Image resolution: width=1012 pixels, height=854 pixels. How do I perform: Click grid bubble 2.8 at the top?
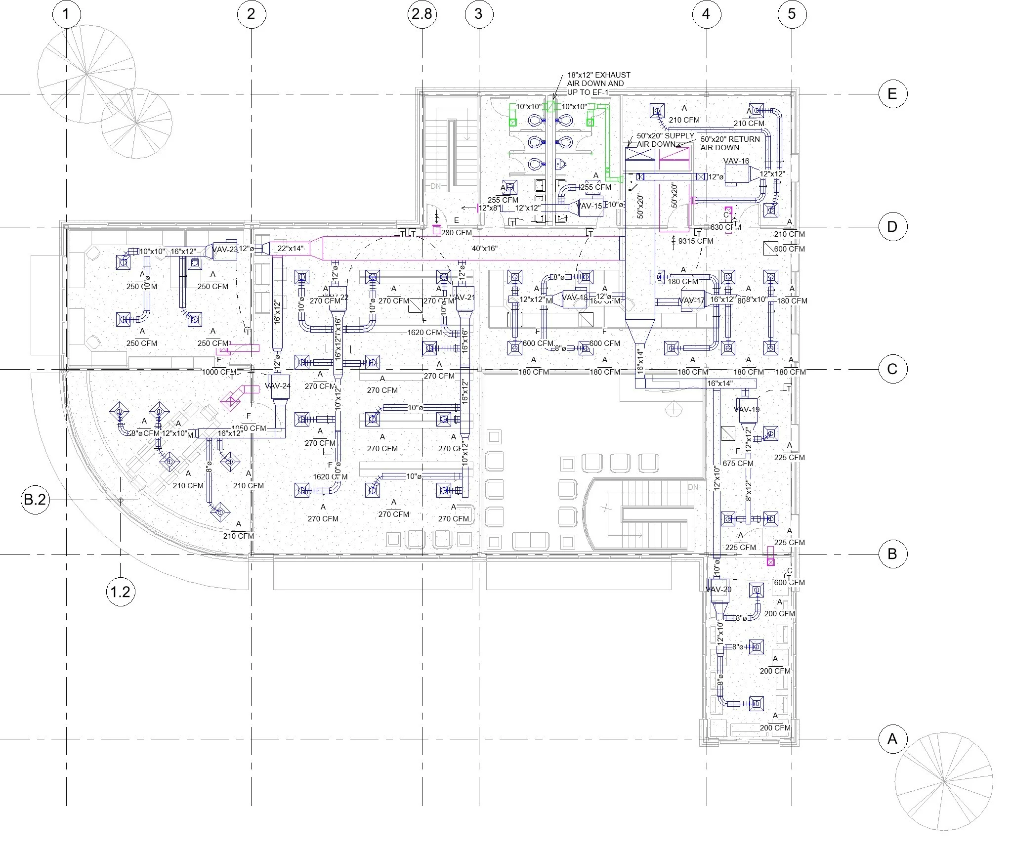(x=422, y=14)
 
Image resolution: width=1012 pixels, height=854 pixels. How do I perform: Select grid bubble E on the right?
(x=892, y=93)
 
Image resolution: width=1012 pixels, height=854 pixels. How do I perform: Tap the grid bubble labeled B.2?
(x=35, y=500)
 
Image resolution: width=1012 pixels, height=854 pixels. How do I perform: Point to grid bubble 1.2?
(x=121, y=592)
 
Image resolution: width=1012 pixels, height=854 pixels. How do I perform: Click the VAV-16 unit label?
(x=736, y=161)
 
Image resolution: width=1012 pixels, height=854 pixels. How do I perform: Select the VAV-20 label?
(x=718, y=590)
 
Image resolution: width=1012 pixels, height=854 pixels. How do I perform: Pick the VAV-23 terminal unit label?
(x=225, y=250)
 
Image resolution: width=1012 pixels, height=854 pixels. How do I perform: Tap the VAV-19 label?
(x=747, y=409)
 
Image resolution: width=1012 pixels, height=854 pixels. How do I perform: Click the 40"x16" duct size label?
(x=484, y=249)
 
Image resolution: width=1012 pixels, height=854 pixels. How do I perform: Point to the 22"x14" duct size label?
(x=290, y=249)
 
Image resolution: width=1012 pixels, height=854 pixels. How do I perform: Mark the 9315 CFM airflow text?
(x=695, y=241)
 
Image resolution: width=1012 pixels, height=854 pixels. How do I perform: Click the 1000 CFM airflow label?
(x=219, y=372)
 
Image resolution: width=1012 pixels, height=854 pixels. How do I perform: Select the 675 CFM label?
(x=738, y=463)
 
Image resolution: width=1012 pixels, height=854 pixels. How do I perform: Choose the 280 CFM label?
(x=456, y=233)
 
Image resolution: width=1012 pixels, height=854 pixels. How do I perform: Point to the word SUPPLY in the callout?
(x=679, y=136)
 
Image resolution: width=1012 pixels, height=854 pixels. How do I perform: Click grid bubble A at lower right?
(x=892, y=739)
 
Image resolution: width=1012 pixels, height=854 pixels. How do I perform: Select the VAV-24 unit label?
(x=277, y=386)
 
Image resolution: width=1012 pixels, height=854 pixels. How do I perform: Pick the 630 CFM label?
(x=726, y=227)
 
